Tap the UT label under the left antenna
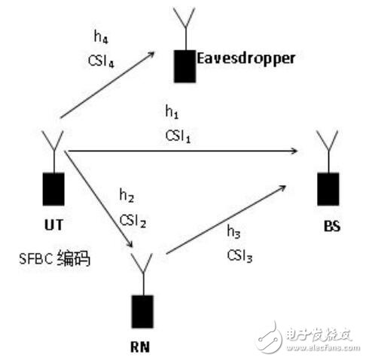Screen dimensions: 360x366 [x=53, y=224]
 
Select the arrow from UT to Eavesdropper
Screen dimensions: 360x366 [x=107, y=85]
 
